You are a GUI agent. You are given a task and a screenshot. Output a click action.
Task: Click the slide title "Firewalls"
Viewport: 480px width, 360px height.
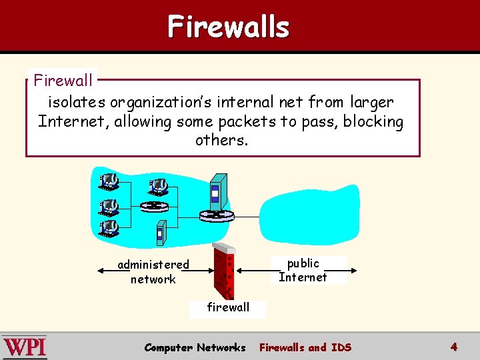tap(228, 27)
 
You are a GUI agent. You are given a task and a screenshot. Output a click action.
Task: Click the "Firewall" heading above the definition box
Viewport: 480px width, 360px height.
tap(63, 81)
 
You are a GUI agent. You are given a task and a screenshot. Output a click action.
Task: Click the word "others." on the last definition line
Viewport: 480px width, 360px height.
tap(221, 140)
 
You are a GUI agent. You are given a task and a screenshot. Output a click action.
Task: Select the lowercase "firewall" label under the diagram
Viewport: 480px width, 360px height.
tap(228, 307)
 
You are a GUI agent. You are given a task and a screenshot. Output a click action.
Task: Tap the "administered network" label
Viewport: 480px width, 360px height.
tap(153, 272)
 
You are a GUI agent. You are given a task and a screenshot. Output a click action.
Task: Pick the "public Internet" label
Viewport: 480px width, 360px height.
tap(303, 270)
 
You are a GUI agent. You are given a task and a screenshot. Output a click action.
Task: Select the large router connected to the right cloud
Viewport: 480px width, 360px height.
tap(217, 215)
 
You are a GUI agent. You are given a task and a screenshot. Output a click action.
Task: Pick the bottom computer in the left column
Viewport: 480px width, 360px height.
tap(109, 228)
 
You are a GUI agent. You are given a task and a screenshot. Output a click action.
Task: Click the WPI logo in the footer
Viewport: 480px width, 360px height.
tap(25, 347)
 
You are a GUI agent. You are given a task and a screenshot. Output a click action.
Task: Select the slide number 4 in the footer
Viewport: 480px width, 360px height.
tap(453, 347)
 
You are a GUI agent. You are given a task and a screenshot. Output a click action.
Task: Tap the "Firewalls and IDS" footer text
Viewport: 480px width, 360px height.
tap(305, 347)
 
